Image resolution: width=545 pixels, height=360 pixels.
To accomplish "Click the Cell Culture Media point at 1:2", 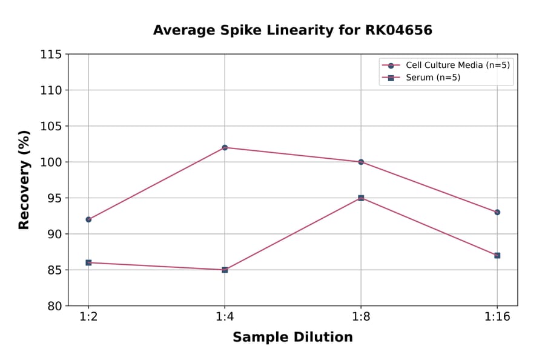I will click(88, 219).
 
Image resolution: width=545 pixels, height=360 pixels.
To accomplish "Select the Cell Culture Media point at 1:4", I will click(225, 147).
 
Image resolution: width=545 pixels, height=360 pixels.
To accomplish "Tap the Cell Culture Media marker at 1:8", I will click(361, 162).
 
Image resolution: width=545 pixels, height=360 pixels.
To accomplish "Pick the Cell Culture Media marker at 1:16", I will click(497, 212).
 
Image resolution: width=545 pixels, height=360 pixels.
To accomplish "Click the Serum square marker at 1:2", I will click(88, 262).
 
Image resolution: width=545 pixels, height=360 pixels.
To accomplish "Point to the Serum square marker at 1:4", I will click(225, 270).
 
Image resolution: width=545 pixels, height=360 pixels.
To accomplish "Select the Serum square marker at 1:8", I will click(361, 198).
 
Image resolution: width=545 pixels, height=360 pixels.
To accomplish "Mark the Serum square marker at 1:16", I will click(497, 255).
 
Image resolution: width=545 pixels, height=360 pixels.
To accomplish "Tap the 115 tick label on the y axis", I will click(51, 55).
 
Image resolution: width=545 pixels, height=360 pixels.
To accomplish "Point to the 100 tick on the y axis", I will click(51, 162).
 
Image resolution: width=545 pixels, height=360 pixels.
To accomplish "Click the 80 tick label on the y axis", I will click(54, 306).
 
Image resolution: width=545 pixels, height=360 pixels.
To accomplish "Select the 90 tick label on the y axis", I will click(54, 234).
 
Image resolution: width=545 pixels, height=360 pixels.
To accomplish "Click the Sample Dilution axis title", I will click(292, 338).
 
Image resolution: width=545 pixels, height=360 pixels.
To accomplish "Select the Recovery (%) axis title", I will click(24, 180).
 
